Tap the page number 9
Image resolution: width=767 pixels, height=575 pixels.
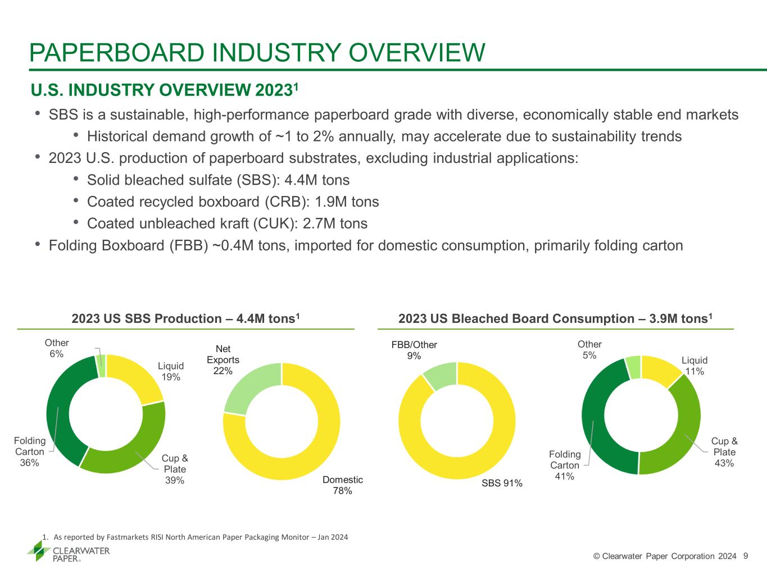(x=746, y=556)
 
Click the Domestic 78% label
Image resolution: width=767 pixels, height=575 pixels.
(x=342, y=485)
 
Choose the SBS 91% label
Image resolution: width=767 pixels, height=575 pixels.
(x=502, y=483)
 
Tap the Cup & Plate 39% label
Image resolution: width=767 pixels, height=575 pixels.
(x=175, y=469)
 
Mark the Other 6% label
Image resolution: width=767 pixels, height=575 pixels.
(x=57, y=348)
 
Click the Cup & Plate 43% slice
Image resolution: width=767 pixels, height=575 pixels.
(x=677, y=438)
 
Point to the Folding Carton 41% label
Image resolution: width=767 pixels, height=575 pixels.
(x=565, y=465)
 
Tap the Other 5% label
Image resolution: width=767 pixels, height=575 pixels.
(x=589, y=349)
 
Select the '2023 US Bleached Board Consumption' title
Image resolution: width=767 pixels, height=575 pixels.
(x=555, y=319)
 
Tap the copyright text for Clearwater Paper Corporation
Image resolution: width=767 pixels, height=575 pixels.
(x=665, y=556)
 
